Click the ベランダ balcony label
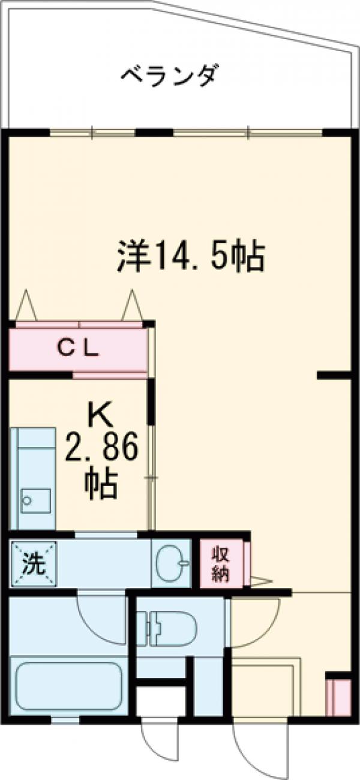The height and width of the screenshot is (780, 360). tap(169, 77)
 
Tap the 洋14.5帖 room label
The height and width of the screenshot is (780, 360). tap(191, 257)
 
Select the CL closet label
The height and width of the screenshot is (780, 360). tap(78, 348)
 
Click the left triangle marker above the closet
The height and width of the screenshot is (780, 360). tap(26, 306)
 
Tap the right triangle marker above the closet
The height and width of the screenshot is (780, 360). tap(132, 306)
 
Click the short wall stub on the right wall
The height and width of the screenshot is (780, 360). tap(334, 376)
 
